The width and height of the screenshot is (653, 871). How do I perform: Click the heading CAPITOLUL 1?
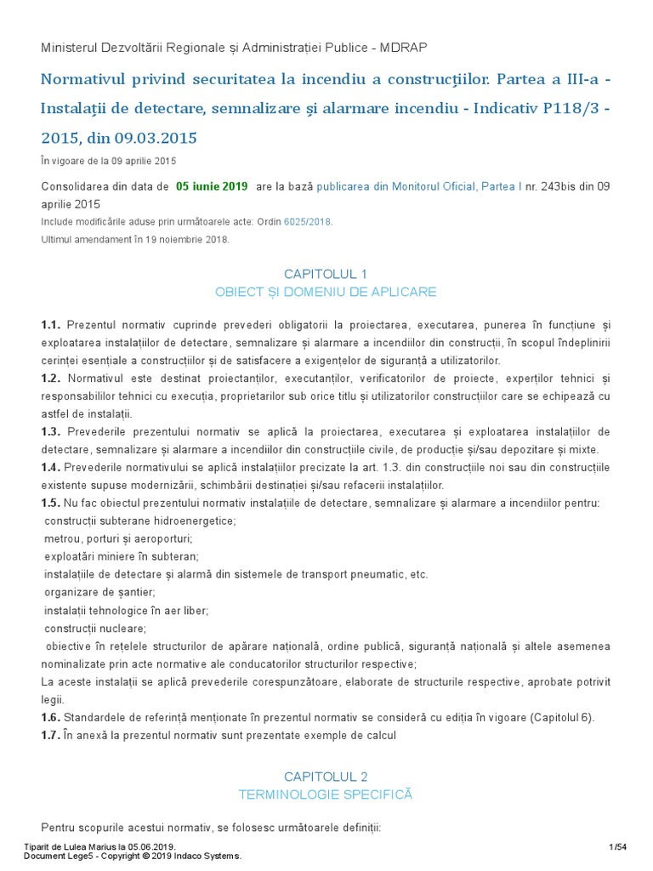pyautogui.click(x=326, y=274)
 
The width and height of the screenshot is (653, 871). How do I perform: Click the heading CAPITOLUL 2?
pyautogui.click(x=326, y=777)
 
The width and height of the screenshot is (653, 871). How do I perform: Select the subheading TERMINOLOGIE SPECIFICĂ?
pyautogui.click(x=326, y=794)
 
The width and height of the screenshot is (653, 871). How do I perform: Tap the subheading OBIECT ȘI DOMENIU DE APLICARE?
pyautogui.click(x=326, y=292)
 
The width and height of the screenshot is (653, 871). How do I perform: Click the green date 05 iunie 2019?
pyautogui.click(x=211, y=186)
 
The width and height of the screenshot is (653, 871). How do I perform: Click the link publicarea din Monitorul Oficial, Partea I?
pyautogui.click(x=419, y=186)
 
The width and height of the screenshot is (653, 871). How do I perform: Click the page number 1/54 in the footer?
pyautogui.click(x=617, y=846)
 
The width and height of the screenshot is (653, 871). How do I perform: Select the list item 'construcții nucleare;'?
pyautogui.click(x=95, y=629)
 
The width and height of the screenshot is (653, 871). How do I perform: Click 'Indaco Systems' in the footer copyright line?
pyautogui.click(x=213, y=856)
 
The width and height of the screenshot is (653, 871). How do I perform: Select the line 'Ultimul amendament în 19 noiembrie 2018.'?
pyautogui.click(x=135, y=239)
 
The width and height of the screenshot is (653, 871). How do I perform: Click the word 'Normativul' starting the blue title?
pyautogui.click(x=82, y=80)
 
